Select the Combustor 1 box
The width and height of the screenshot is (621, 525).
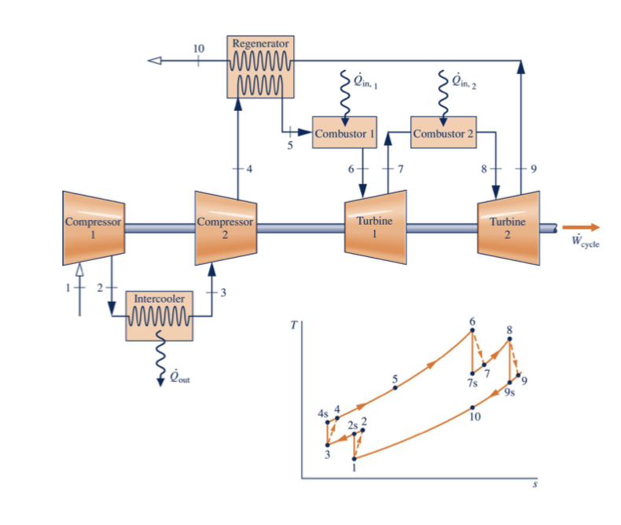[344, 133]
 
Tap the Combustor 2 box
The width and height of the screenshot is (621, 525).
[444, 133]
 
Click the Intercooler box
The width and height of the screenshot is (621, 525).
[159, 314]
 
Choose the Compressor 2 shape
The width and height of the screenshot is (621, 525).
[226, 228]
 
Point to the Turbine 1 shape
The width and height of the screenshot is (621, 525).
[375, 227]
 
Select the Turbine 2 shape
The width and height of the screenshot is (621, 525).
[508, 227]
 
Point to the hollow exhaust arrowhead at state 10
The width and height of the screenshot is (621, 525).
[156, 61]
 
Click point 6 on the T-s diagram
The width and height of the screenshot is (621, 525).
[472, 331]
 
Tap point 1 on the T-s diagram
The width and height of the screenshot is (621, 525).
[355, 458]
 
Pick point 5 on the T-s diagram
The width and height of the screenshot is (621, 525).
[395, 387]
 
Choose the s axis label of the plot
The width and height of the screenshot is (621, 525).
[535, 486]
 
